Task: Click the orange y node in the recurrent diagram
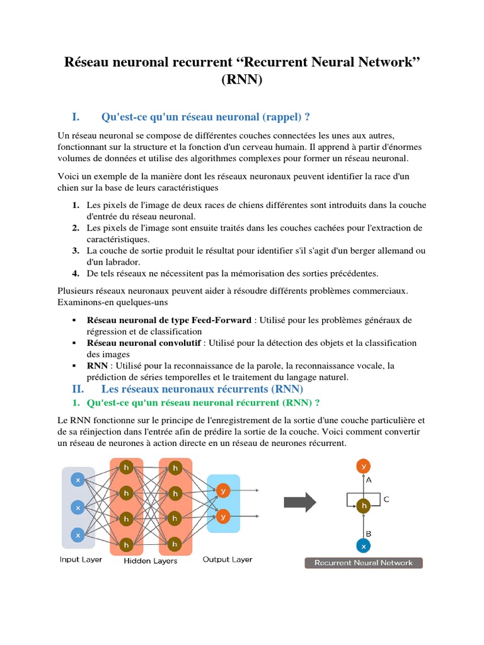(362, 467)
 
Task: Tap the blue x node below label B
(362, 545)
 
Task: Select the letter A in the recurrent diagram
(369, 480)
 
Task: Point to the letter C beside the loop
(386, 499)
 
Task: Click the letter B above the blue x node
(369, 532)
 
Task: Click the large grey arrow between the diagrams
(299, 502)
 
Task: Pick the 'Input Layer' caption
(81, 559)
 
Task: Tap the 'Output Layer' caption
(228, 559)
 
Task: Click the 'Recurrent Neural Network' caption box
(364, 562)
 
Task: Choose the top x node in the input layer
(78, 480)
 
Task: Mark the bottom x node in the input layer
(78, 535)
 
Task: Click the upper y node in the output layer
(222, 490)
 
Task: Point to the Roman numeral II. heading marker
(78, 389)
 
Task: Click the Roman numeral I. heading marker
(76, 117)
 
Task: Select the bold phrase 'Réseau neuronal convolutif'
(144, 343)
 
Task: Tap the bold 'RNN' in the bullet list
(97, 366)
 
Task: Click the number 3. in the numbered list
(75, 251)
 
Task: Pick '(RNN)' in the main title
(242, 81)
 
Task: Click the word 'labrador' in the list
(122, 262)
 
